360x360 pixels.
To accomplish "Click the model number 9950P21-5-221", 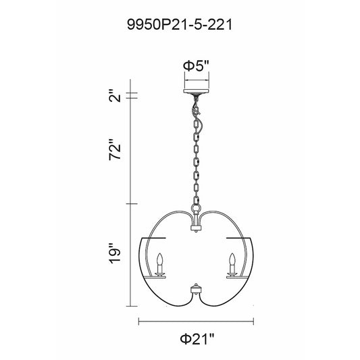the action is click(x=180, y=24).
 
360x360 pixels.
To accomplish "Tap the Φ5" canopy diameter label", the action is click(x=196, y=66).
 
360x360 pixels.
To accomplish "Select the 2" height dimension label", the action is click(x=115, y=95).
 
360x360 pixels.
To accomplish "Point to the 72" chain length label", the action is click(x=115, y=149).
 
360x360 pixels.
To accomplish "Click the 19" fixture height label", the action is click(x=115, y=253).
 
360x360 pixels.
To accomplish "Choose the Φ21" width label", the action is click(x=197, y=338).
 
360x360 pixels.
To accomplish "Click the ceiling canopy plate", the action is click(x=196, y=91).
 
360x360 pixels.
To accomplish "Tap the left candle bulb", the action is click(x=159, y=259).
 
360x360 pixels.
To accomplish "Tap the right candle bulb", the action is click(x=232, y=259).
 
